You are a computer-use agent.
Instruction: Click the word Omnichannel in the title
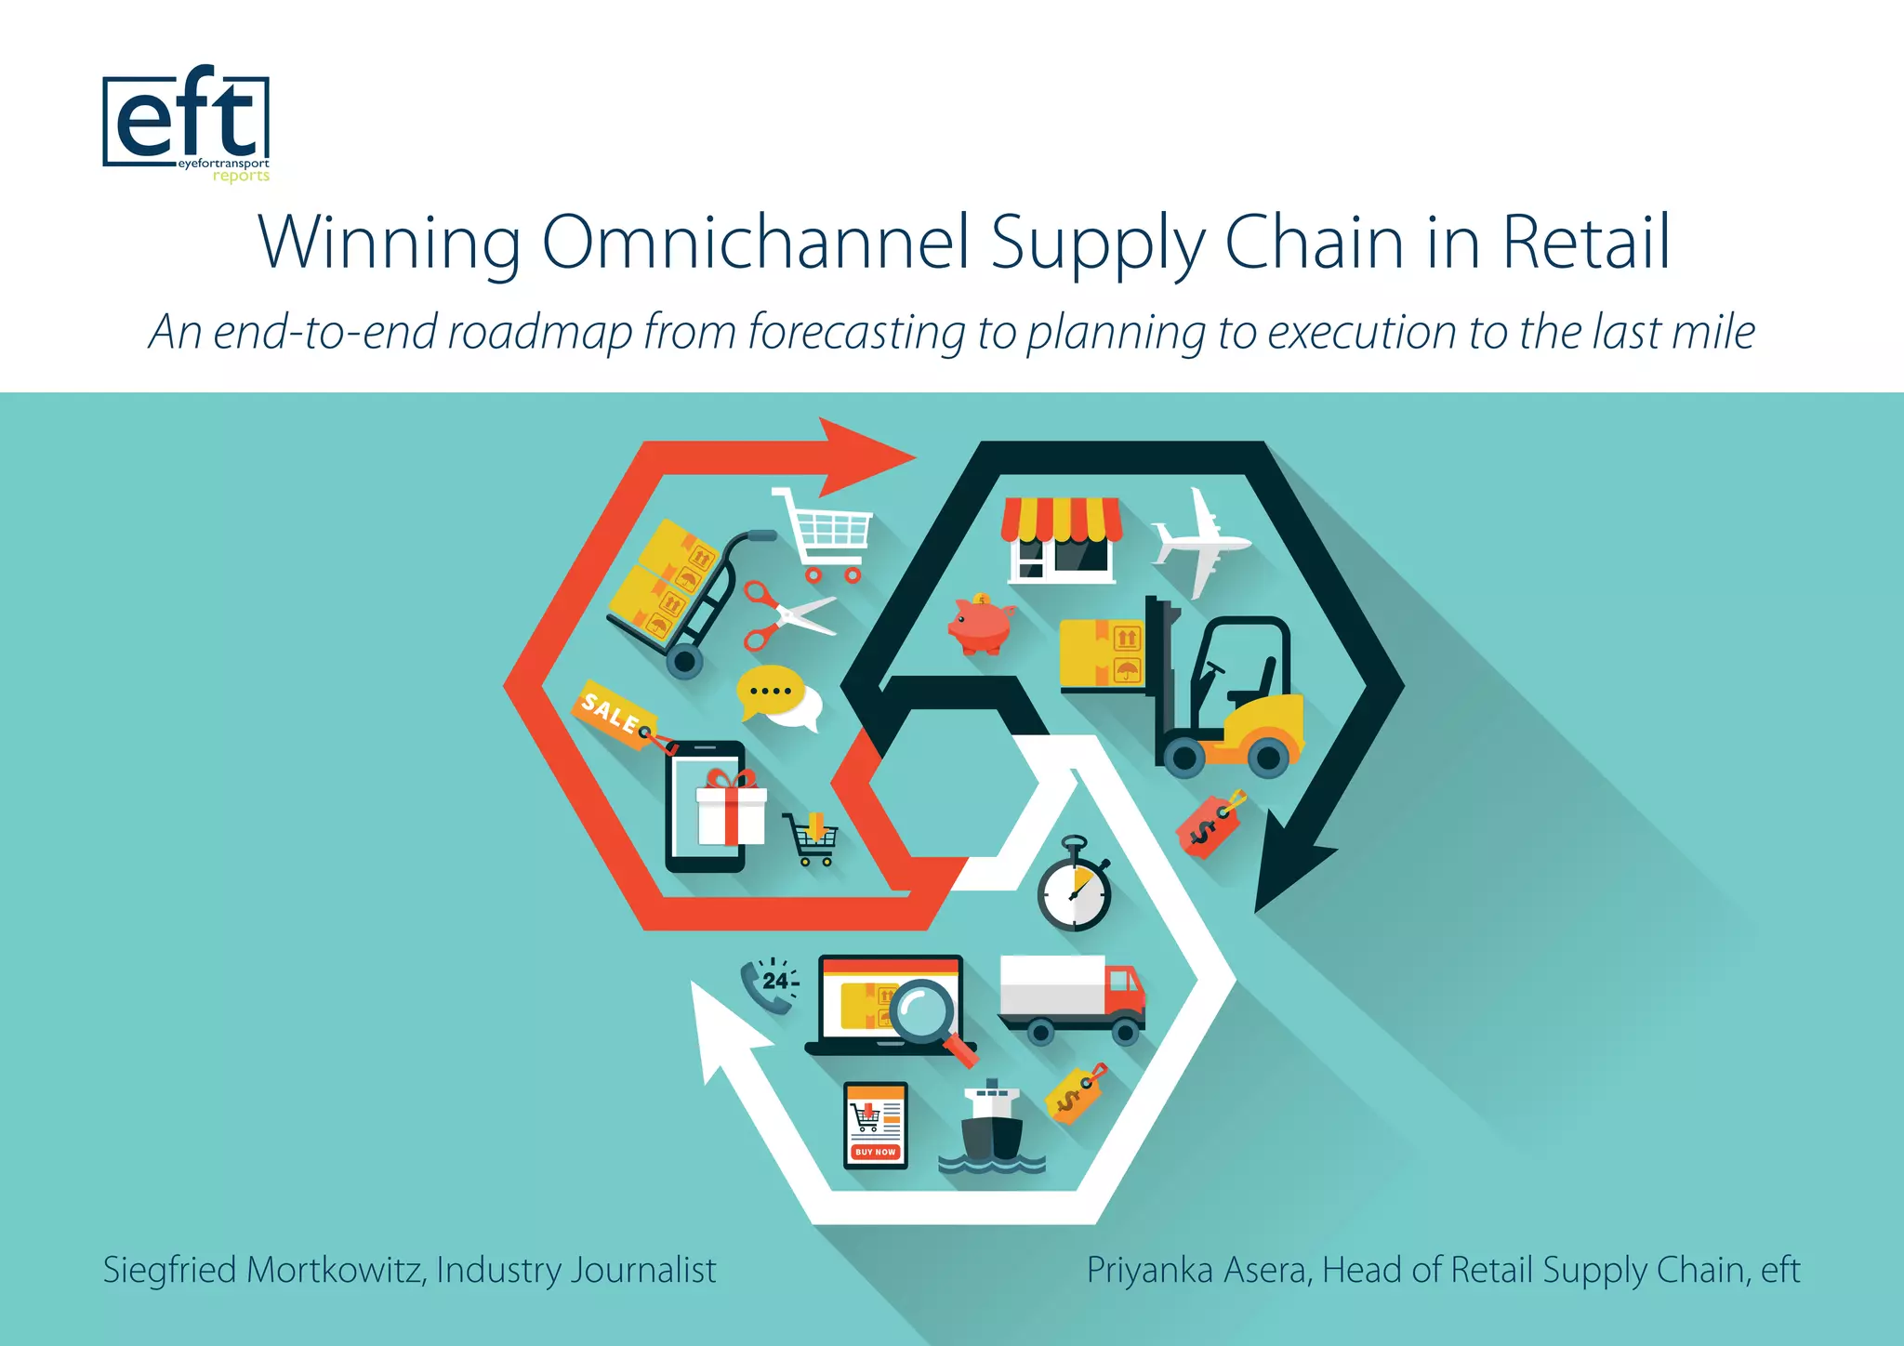click(755, 243)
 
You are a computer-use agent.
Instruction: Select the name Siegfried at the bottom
click(168, 1270)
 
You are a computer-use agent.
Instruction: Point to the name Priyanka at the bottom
click(1148, 1270)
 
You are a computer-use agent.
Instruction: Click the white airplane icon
click(1199, 542)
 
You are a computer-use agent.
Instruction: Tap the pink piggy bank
click(980, 624)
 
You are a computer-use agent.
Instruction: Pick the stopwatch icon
click(1075, 888)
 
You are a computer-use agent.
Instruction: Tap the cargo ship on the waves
click(991, 1129)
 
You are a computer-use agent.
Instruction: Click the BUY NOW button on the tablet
click(875, 1152)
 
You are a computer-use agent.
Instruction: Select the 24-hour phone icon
click(770, 986)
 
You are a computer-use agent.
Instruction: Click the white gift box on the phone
click(732, 810)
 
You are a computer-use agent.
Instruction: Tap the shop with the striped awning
click(1061, 540)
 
